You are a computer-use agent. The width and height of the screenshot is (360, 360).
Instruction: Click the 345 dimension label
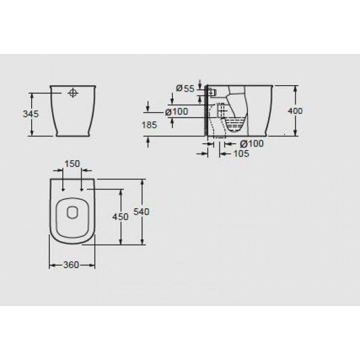click(31, 114)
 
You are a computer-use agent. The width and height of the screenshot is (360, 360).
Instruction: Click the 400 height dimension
click(295, 111)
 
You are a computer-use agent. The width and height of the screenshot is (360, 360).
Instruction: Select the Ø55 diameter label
click(185, 88)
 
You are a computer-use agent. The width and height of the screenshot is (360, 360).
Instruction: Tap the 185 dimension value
click(149, 125)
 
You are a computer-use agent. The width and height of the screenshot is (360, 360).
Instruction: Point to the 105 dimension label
click(241, 154)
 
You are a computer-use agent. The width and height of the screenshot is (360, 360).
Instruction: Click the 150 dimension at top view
click(72, 164)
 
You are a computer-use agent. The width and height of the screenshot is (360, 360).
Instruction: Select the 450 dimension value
click(121, 217)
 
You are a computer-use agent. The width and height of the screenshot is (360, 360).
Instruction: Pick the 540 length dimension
click(142, 212)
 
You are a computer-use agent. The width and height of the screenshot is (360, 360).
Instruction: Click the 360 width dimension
click(71, 265)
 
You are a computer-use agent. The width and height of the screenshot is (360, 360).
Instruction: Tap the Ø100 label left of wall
click(176, 112)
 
